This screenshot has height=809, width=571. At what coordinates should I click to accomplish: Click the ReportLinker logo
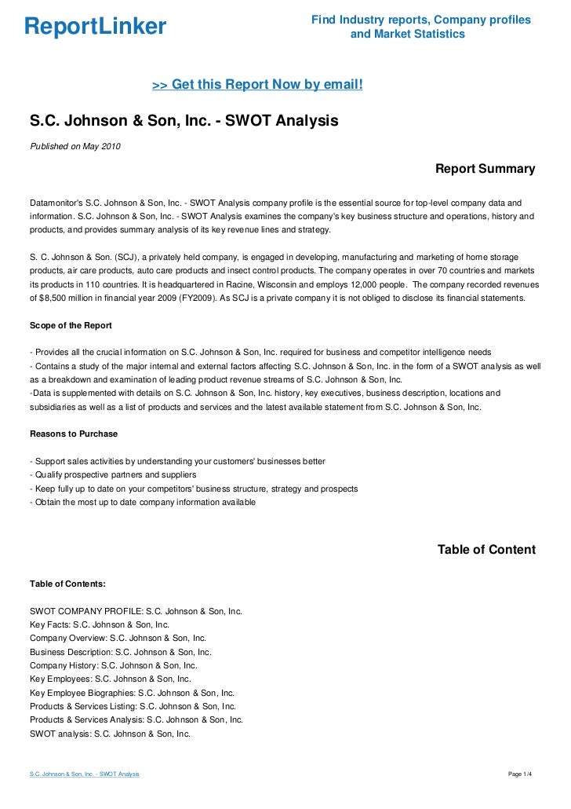coord(95,27)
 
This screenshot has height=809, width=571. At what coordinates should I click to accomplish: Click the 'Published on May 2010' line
coord(75,146)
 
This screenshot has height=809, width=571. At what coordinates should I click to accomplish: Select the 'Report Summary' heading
coord(485,169)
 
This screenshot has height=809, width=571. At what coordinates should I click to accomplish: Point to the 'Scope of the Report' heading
coord(71,324)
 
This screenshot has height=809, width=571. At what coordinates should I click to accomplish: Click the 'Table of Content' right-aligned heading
coord(486,550)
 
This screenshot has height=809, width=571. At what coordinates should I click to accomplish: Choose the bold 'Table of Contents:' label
coord(67,584)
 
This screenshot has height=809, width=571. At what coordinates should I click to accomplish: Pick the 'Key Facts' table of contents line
coord(99,624)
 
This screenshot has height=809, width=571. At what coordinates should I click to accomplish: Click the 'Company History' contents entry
coord(113,664)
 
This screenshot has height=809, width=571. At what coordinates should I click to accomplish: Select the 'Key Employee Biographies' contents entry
coord(132,693)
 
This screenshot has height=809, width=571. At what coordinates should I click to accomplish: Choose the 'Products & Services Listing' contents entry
coord(133,706)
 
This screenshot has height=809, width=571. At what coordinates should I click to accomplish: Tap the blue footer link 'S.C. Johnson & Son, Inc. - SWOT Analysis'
coord(84,774)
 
